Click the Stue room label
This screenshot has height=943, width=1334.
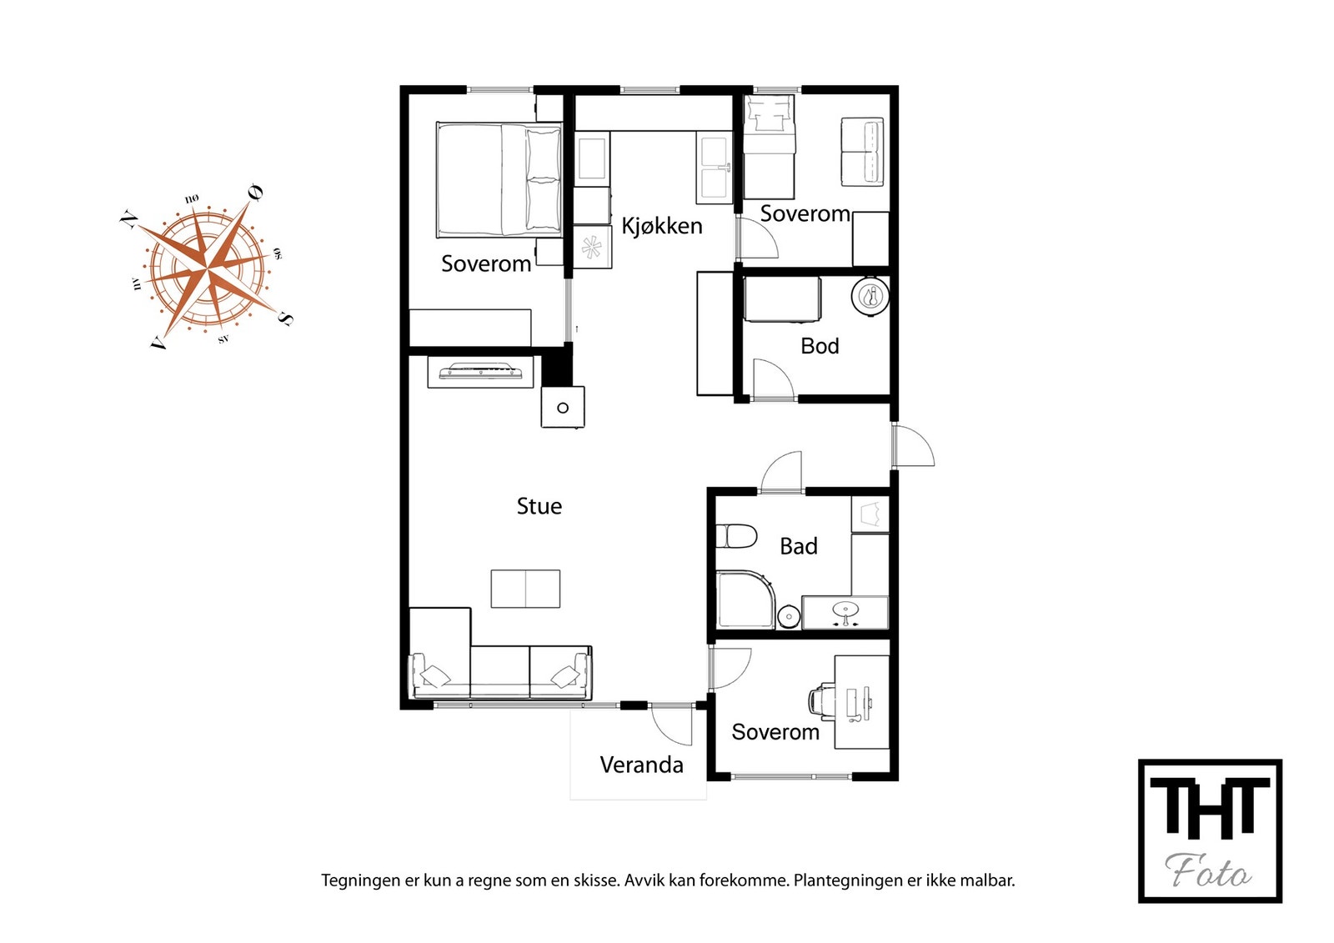click(x=539, y=506)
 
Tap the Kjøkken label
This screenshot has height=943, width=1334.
click(x=661, y=226)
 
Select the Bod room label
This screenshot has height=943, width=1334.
click(x=820, y=346)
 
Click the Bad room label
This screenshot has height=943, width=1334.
click(x=798, y=546)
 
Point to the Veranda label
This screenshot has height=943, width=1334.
click(x=641, y=765)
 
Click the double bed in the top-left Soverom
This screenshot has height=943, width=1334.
click(x=499, y=180)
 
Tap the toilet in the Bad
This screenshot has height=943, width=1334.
click(x=736, y=535)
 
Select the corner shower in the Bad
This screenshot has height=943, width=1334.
click(x=745, y=599)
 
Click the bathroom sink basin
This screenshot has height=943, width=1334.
click(x=845, y=610)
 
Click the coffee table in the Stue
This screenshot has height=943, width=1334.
click(x=525, y=589)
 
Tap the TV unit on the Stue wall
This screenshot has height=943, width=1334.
click(x=480, y=371)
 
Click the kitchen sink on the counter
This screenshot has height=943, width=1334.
click(x=714, y=170)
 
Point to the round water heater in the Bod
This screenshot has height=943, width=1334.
click(x=870, y=296)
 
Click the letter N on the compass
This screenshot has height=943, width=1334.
click(x=128, y=219)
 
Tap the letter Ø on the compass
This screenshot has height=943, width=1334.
click(x=255, y=193)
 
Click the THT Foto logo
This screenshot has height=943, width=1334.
click(x=1209, y=830)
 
